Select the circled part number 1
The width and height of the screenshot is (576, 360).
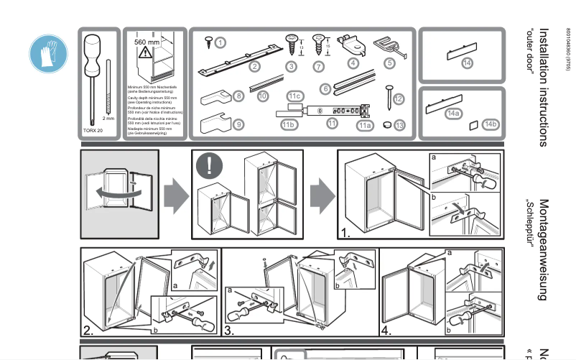[220, 42]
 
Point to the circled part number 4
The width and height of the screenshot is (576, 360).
[353, 63]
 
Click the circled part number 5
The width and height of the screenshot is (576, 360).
[390, 63]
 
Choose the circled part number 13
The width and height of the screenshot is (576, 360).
[399, 124]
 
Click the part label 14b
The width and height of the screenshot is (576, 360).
[491, 124]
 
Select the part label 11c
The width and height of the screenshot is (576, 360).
[294, 96]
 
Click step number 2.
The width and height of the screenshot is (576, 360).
[89, 331]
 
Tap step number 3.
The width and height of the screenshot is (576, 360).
[230, 331]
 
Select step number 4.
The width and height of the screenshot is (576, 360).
[386, 331]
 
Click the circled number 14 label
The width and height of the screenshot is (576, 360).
[468, 63]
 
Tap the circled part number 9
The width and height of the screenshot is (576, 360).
[238, 124]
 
